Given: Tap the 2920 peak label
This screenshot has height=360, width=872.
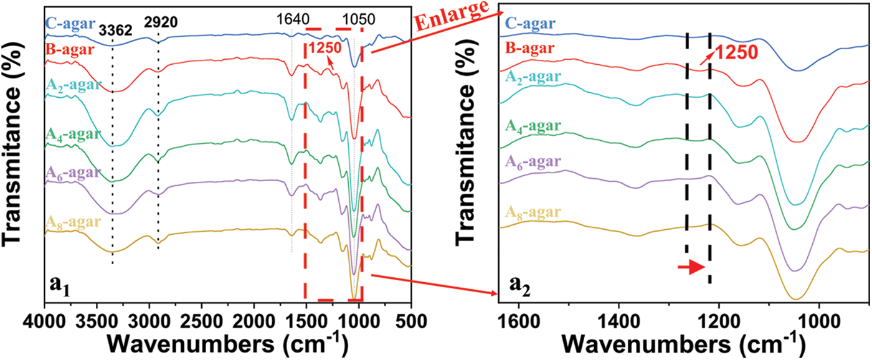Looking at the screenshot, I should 161,22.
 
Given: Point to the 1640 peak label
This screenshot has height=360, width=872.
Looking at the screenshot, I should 292,19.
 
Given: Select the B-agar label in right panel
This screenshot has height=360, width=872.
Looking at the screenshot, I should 529,49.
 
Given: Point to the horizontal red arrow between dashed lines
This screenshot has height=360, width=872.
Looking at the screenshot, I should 691,267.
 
